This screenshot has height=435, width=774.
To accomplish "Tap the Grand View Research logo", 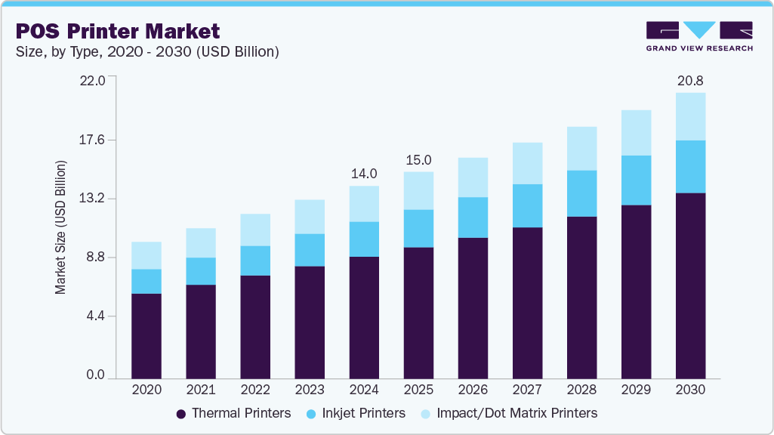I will [x=698, y=36].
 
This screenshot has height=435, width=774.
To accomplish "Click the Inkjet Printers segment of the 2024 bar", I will [x=364, y=239].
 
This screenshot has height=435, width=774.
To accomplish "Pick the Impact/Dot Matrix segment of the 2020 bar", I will [x=146, y=255].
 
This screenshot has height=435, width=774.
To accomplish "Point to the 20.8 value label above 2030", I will [x=690, y=80].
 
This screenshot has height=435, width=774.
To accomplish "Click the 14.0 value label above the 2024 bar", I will [x=364, y=174].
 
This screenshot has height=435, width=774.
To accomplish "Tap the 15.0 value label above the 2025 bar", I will [x=418, y=159].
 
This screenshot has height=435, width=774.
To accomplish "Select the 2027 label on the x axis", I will [x=527, y=390].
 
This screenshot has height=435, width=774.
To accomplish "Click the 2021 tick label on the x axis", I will [x=201, y=390].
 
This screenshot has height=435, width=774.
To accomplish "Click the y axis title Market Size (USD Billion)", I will [x=60, y=227].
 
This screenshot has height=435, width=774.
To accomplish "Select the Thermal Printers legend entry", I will [x=233, y=413].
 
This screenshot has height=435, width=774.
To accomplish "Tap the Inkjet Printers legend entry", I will [x=357, y=413].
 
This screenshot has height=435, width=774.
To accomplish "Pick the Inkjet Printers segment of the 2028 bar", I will [x=581, y=193].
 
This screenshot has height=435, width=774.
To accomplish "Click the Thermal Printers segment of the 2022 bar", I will [x=255, y=326].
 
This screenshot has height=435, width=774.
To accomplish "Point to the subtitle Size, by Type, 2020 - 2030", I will [x=143, y=52].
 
